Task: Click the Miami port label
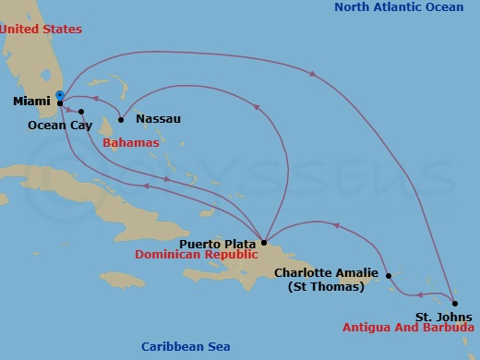click(x=32, y=102)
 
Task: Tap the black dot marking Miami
click(x=60, y=102)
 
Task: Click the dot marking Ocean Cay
click(x=81, y=112)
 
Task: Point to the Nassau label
click(x=158, y=119)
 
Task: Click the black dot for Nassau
click(x=121, y=119)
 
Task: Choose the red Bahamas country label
click(x=130, y=144)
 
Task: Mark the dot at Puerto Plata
click(x=264, y=243)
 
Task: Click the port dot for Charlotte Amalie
click(x=389, y=275)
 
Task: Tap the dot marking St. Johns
click(x=455, y=302)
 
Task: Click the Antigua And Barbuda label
click(x=408, y=328)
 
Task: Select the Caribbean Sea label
click(x=186, y=347)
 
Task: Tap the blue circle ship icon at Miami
click(x=60, y=94)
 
